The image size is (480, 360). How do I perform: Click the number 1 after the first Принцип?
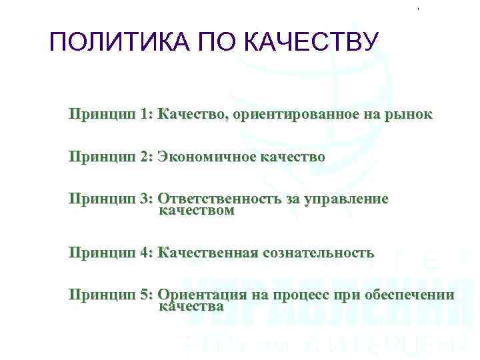(146, 115)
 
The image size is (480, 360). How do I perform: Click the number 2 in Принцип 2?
(146, 157)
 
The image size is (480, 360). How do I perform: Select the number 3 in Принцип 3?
(146, 199)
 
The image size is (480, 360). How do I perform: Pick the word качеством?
(197, 211)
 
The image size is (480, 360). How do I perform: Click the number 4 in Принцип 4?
(146, 253)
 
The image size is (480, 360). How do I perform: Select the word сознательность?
(319, 253)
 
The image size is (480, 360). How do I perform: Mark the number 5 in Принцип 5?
(146, 295)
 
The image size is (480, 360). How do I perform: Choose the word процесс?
(295, 295)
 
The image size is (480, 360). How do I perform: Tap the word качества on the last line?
(191, 307)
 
